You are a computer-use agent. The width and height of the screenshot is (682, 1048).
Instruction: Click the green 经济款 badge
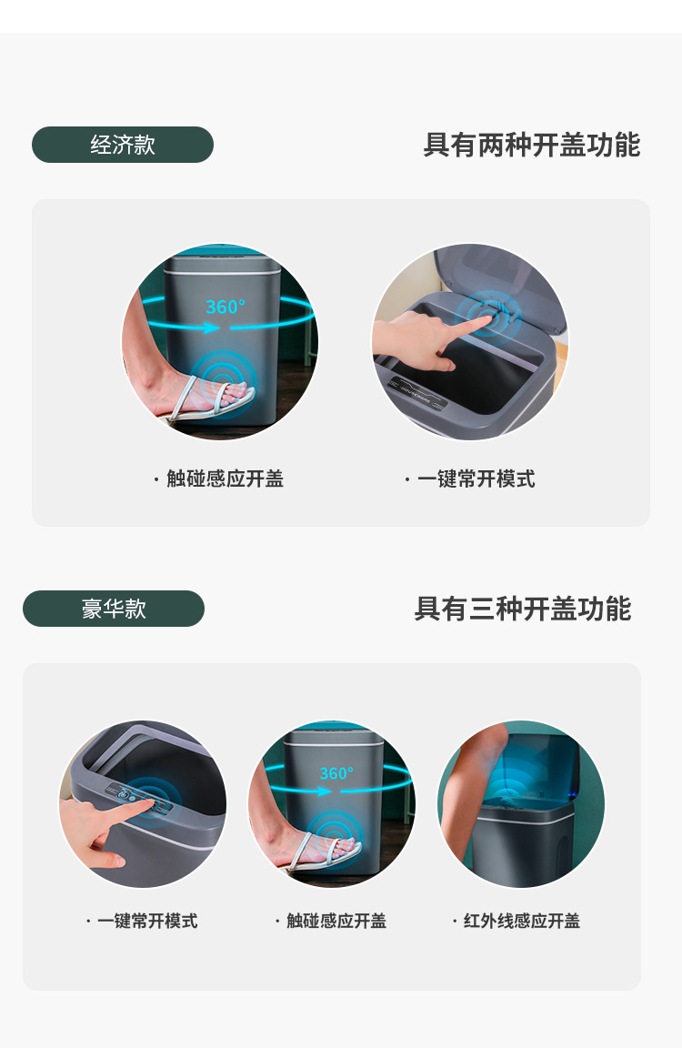(123, 145)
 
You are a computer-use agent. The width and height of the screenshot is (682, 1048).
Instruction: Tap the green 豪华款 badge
(114, 609)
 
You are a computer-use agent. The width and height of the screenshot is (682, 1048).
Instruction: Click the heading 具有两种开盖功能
(531, 145)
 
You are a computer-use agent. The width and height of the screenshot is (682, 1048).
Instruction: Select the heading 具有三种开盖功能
(522, 609)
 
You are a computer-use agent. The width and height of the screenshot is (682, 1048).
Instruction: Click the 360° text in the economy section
(225, 307)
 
